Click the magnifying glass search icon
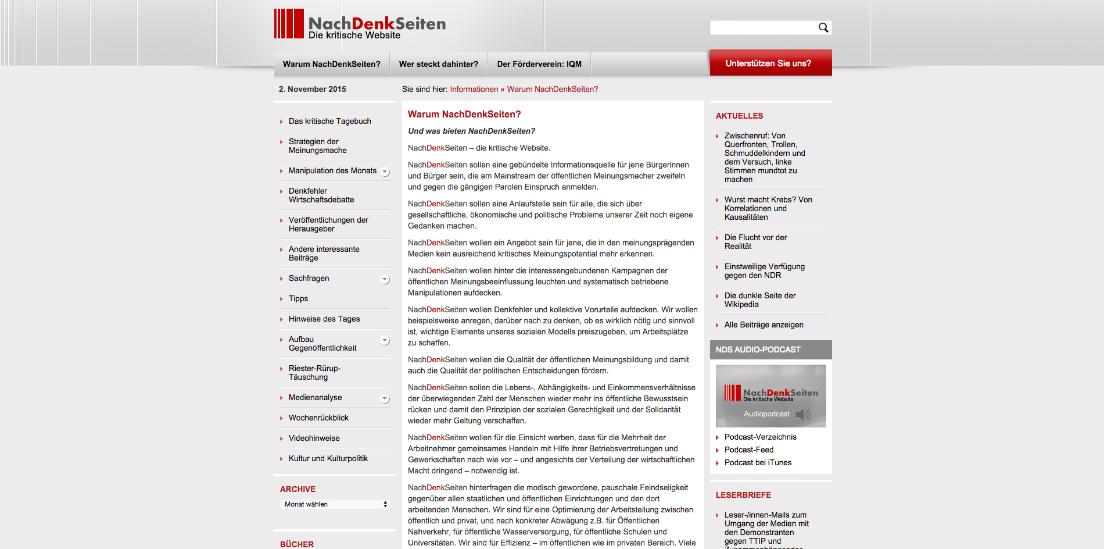pos(823,27)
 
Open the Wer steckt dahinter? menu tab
pos(438,64)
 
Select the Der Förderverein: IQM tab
pos(539,64)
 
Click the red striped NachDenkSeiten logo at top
pos(289,24)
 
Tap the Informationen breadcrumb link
pos(474,89)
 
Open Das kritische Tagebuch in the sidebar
pos(329,121)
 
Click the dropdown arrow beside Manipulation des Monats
pos(385,172)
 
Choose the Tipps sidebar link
pos(298,298)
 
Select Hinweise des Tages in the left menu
pos(324,319)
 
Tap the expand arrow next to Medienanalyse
pos(385,398)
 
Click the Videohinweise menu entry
pos(314,438)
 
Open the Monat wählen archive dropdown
pos(335,504)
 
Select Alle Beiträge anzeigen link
pos(764,325)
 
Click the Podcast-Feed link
pos(748,450)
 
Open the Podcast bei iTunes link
pos(758,462)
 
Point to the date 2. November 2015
pos(312,89)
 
